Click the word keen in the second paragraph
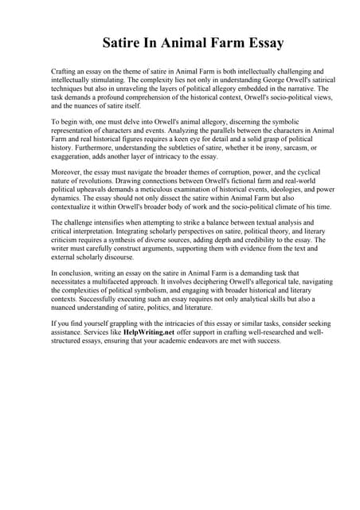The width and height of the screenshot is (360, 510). click(206, 139)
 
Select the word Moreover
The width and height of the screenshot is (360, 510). click(68, 173)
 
